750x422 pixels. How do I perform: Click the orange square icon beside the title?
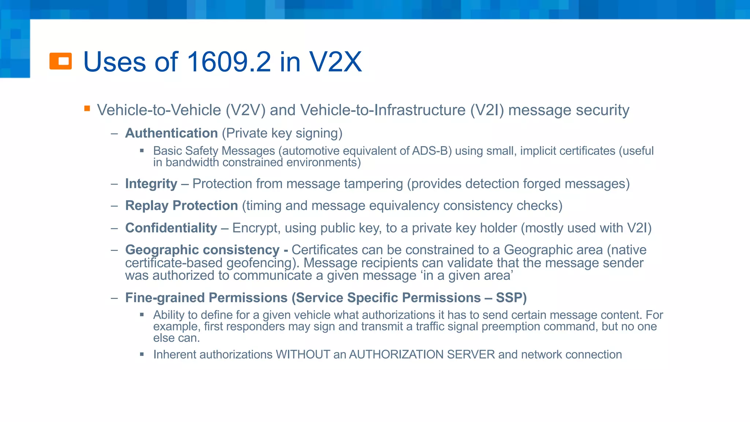tap(60, 61)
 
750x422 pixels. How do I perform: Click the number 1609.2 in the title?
tap(229, 62)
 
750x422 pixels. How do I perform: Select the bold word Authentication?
tap(171, 133)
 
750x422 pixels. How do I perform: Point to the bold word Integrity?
tap(151, 184)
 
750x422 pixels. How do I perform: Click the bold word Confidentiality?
tap(171, 228)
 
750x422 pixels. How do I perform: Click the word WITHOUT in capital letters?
tap(303, 355)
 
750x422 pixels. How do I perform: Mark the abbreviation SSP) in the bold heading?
tap(511, 297)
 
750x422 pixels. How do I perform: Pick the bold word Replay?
tap(147, 206)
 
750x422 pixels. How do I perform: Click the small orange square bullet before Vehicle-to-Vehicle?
tap(87, 108)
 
